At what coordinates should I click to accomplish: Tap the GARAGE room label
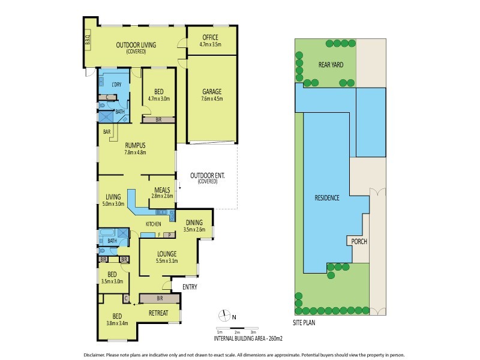[212, 92]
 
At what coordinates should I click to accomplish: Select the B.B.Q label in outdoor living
[87, 40]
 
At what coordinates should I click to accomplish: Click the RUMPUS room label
[136, 145]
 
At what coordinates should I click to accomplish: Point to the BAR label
[107, 131]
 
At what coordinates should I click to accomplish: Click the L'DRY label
[117, 85]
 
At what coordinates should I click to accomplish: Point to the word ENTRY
[190, 287]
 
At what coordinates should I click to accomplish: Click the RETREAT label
[159, 313]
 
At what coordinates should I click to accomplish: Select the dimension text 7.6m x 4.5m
[212, 100]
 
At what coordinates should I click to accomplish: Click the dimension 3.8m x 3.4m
[118, 324]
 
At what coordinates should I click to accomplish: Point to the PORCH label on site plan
[359, 242]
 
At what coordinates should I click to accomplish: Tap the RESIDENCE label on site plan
[328, 197]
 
